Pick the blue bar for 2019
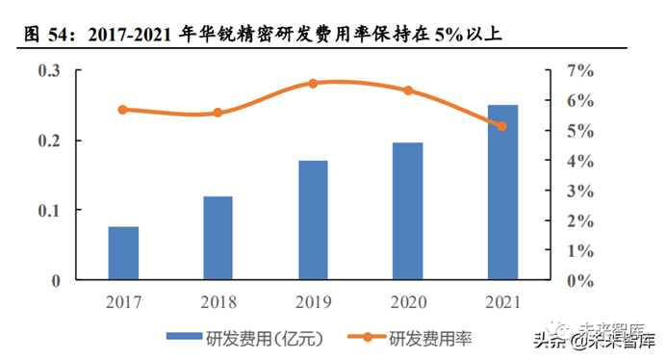click(x=313, y=220)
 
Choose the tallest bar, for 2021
click(x=501, y=193)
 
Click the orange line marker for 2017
click(x=123, y=110)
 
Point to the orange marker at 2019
click(x=313, y=84)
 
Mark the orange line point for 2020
click(x=407, y=90)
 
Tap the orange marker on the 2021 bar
click(x=501, y=126)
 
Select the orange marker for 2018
click(x=218, y=113)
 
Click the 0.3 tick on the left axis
click(x=49, y=71)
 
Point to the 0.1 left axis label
click(x=49, y=211)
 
